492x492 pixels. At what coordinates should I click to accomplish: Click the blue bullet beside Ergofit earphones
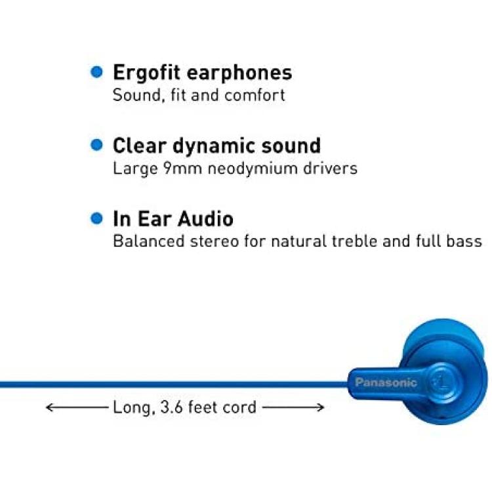pyautogui.click(x=96, y=72)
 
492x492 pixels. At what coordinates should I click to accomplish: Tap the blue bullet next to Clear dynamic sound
pyautogui.click(x=96, y=145)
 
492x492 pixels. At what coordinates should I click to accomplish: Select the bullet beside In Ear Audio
pyautogui.click(x=96, y=218)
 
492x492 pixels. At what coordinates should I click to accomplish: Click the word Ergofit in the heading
pyautogui.click(x=146, y=73)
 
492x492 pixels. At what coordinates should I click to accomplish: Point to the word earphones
pyautogui.click(x=239, y=73)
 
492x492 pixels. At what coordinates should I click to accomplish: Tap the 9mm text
pyautogui.click(x=182, y=169)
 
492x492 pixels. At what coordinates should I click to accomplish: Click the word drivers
pyautogui.click(x=331, y=169)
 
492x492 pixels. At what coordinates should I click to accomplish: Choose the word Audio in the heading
pyautogui.click(x=205, y=218)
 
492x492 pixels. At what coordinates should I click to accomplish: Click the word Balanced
pyautogui.click(x=149, y=241)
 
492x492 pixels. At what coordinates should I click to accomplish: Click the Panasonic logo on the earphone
pyautogui.click(x=386, y=382)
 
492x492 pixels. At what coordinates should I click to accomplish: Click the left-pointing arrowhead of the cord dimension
pyautogui.click(x=49, y=407)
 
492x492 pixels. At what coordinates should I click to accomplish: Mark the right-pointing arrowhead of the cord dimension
pyautogui.click(x=321, y=407)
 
